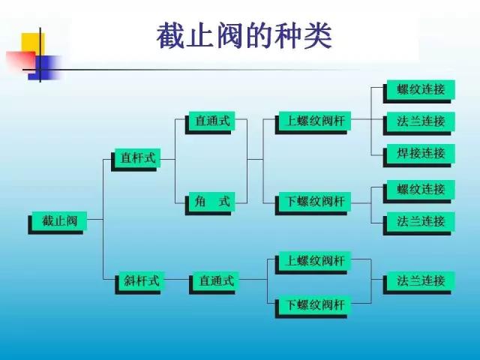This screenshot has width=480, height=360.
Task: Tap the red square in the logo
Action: pos(21,61)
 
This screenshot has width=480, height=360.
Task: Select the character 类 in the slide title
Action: pos(318,35)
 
